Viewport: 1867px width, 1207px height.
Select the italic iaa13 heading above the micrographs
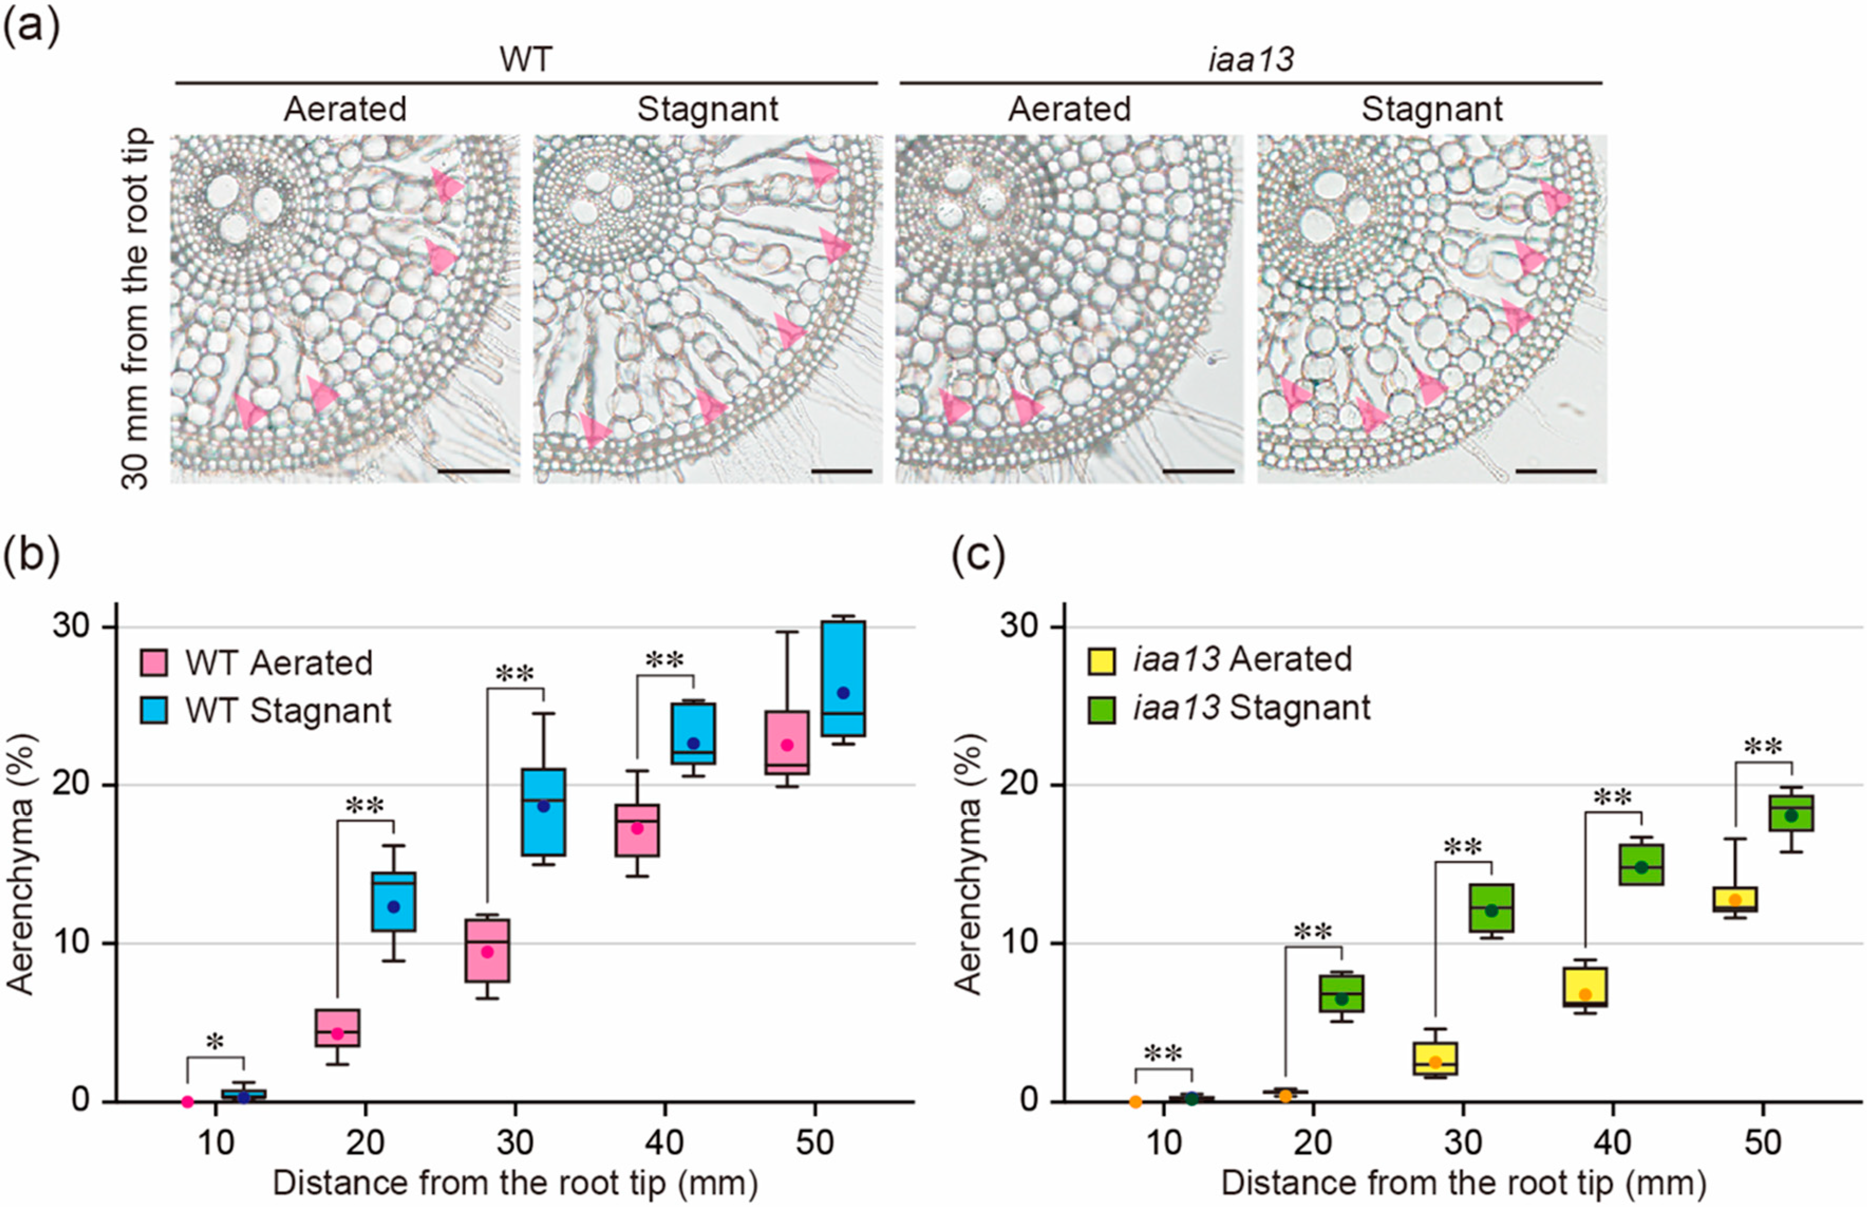pyautogui.click(x=1250, y=60)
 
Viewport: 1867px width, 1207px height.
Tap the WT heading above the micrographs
pyautogui.click(x=525, y=60)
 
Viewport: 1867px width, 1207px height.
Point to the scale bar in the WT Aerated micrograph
pyautogui.click(x=473, y=471)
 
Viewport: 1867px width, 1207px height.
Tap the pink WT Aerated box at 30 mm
pyautogui.click(x=487, y=950)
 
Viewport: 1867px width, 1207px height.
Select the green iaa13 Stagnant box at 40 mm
pyautogui.click(x=1641, y=864)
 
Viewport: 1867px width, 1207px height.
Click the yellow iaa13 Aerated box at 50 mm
pyautogui.click(x=1734, y=899)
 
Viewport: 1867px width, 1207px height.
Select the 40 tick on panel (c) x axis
pyautogui.click(x=1613, y=1143)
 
